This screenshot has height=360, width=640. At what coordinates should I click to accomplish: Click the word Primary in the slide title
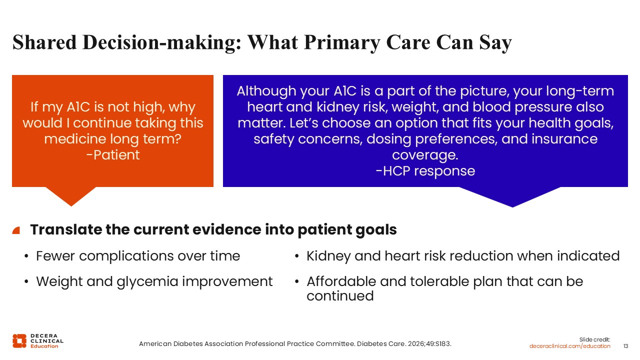click(341, 42)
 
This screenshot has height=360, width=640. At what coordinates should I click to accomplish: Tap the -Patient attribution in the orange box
click(113, 155)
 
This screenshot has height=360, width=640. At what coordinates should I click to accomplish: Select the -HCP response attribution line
click(425, 171)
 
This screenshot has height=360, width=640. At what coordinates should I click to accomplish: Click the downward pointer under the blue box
click(510, 196)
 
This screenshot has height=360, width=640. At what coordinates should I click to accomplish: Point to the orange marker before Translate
click(16, 230)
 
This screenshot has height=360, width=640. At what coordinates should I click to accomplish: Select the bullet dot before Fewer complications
click(26, 256)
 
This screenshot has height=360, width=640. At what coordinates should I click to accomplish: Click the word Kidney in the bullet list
click(328, 256)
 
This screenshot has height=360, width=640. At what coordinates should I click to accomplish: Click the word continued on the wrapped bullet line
click(340, 295)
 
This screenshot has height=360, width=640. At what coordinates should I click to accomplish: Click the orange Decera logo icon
click(19, 341)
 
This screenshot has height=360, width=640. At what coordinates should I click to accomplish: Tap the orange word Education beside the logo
click(44, 346)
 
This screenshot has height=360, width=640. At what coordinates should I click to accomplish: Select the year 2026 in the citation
click(415, 343)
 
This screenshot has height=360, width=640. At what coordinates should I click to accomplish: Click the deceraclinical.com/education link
click(569, 346)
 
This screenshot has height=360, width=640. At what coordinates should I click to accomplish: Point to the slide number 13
click(625, 346)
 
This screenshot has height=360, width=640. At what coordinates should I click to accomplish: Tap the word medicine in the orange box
click(75, 139)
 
